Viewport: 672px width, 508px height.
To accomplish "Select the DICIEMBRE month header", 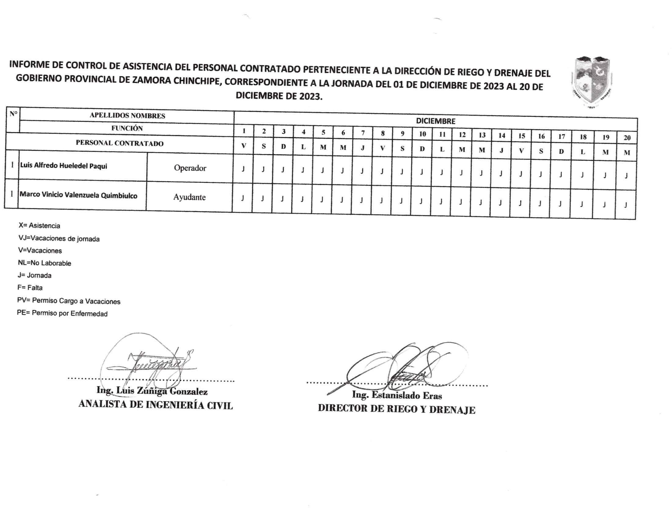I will tap(435, 121).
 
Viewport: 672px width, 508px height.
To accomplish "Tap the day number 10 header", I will tap(422, 134).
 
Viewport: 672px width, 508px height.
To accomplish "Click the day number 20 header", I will tap(627, 138).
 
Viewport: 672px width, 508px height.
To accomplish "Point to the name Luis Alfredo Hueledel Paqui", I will tap(64, 166).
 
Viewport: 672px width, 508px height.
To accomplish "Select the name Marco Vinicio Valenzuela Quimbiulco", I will tap(79, 195).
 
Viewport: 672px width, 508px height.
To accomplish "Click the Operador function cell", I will tap(190, 168).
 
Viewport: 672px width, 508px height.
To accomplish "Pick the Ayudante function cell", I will tap(189, 197).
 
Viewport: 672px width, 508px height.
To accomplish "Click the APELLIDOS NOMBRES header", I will tap(127, 116).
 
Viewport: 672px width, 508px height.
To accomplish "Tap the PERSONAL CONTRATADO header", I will tap(119, 143).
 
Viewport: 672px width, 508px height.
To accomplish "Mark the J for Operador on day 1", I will tap(243, 169).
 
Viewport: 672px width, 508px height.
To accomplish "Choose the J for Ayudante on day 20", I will tap(626, 205).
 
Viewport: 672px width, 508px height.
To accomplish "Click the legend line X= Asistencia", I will tap(39, 226).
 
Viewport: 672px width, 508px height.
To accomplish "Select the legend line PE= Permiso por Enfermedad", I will tap(62, 314).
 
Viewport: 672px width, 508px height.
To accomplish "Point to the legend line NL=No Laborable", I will tap(45, 263).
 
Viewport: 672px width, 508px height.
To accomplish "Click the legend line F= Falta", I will tap(30, 288).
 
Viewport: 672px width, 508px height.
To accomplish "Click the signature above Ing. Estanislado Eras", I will tap(403, 366).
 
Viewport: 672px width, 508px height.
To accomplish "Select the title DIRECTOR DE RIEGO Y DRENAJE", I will tap(396, 409).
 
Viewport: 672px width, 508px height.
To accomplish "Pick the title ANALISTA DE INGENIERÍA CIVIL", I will tap(155, 405).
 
